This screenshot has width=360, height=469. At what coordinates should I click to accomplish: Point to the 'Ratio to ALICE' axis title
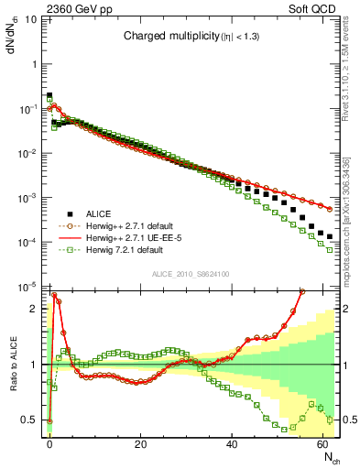pyautogui.click(x=14, y=365)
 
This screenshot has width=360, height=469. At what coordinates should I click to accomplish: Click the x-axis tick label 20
pyautogui.click(x=140, y=443)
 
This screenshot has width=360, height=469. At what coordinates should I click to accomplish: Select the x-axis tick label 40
pyautogui.click(x=232, y=443)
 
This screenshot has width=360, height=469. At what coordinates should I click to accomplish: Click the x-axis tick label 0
pyautogui.click(x=49, y=443)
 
